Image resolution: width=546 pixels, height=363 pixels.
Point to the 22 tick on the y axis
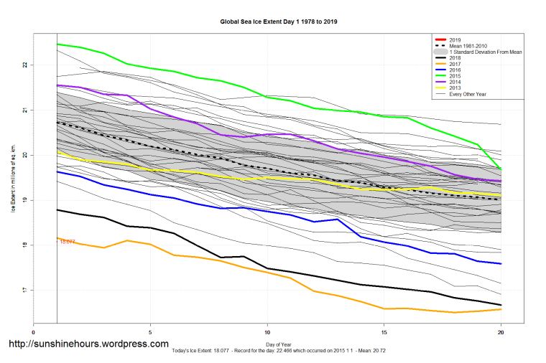coord(24,65)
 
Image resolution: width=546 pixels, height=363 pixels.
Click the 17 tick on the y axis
coord(24,291)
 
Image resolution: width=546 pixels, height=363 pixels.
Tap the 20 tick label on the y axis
coord(24,155)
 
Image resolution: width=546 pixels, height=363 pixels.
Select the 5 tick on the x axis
coord(150,333)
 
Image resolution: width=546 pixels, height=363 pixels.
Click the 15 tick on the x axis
coord(384,333)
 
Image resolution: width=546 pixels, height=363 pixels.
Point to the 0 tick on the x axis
coord(34,333)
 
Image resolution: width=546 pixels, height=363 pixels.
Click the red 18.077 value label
coord(68,242)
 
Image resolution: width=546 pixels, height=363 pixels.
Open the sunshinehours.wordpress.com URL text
coord(88,344)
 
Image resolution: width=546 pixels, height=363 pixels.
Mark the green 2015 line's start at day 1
coord(57,44)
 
